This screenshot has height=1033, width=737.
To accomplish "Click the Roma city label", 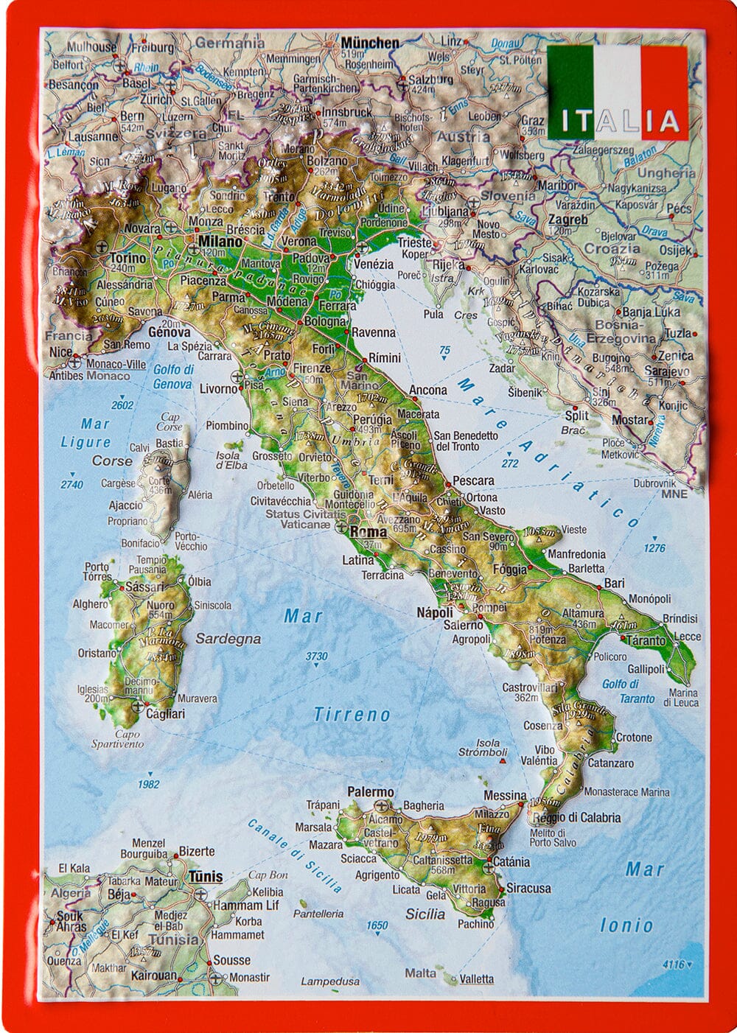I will click(x=368, y=532).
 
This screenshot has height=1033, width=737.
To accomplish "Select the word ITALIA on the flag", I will click(x=618, y=121).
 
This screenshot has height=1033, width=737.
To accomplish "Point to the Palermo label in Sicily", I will click(x=371, y=792).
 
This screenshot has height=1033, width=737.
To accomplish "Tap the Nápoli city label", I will click(x=434, y=612).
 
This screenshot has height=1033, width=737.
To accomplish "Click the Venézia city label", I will click(x=373, y=264).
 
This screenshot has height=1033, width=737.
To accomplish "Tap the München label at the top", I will click(x=369, y=43).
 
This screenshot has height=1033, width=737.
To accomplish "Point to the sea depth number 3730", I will click(x=316, y=656).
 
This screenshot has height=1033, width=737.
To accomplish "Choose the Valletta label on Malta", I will click(x=475, y=979).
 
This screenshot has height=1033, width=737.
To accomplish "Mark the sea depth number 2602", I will click(x=122, y=405).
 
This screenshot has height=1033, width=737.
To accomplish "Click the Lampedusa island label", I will click(x=330, y=981).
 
